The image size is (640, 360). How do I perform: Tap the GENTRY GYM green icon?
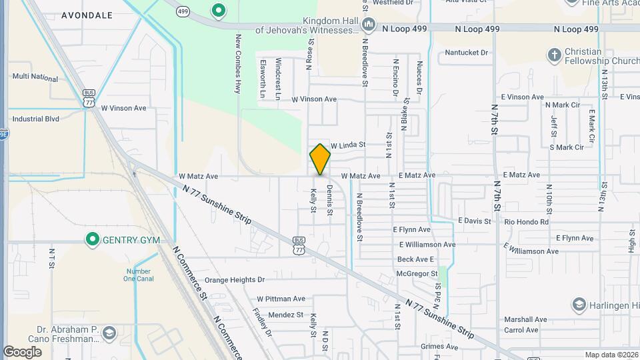[93, 239]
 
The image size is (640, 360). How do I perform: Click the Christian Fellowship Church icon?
[553, 55]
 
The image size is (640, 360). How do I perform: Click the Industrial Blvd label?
[35, 119]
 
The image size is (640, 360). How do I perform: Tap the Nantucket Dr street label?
[467, 52]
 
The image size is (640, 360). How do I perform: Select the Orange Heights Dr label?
[234, 280]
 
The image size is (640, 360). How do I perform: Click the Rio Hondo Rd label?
[527, 222]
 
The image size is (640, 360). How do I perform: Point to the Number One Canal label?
[139, 275]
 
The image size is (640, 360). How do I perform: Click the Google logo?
[22, 351]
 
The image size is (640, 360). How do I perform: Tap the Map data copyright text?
[611, 355]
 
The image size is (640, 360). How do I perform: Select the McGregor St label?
[417, 273]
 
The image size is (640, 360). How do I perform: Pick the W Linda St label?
[349, 145]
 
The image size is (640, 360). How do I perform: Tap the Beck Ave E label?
[415, 259]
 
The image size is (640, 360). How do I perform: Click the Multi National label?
[35, 77]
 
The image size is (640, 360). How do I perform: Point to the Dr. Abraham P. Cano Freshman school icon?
[109, 332]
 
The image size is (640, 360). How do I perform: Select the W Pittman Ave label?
[281, 299]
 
